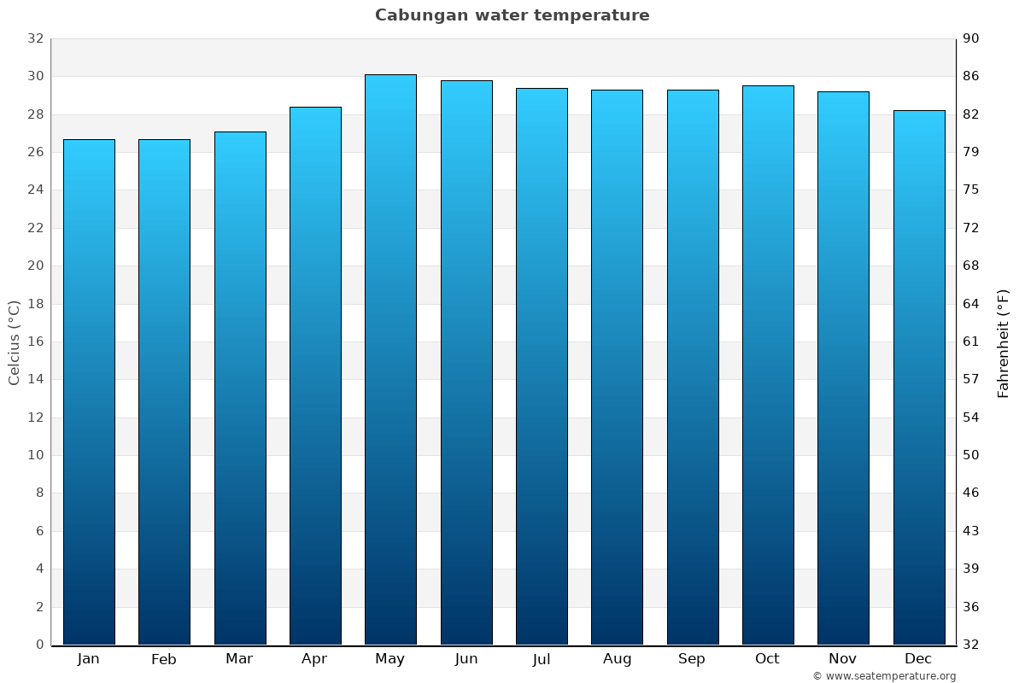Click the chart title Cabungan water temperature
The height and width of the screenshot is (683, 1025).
tap(512, 15)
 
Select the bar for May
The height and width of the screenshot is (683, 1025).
tap(390, 359)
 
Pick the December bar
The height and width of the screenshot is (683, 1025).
tap(919, 377)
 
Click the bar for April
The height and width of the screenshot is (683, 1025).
tap(315, 375)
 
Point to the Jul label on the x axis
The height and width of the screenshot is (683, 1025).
tap(542, 659)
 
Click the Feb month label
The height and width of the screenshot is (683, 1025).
tap(164, 659)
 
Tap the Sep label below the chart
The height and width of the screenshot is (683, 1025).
tap(692, 659)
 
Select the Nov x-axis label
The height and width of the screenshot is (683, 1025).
tap(843, 659)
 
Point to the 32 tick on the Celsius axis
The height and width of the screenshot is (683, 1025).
tap(35, 39)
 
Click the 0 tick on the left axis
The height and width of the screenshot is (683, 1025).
tap(39, 645)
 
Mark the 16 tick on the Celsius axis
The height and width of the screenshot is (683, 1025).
tap(35, 341)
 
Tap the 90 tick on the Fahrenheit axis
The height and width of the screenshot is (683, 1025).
tap(971, 39)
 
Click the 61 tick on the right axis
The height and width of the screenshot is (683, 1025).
tap(971, 341)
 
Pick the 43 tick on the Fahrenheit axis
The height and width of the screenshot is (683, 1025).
tap(971, 531)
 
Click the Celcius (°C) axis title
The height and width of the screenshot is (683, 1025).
tap(14, 342)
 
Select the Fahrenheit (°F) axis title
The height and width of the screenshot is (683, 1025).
tap(1004, 342)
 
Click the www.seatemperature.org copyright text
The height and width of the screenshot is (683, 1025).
tap(884, 676)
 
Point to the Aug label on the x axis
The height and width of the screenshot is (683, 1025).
tap(617, 659)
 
